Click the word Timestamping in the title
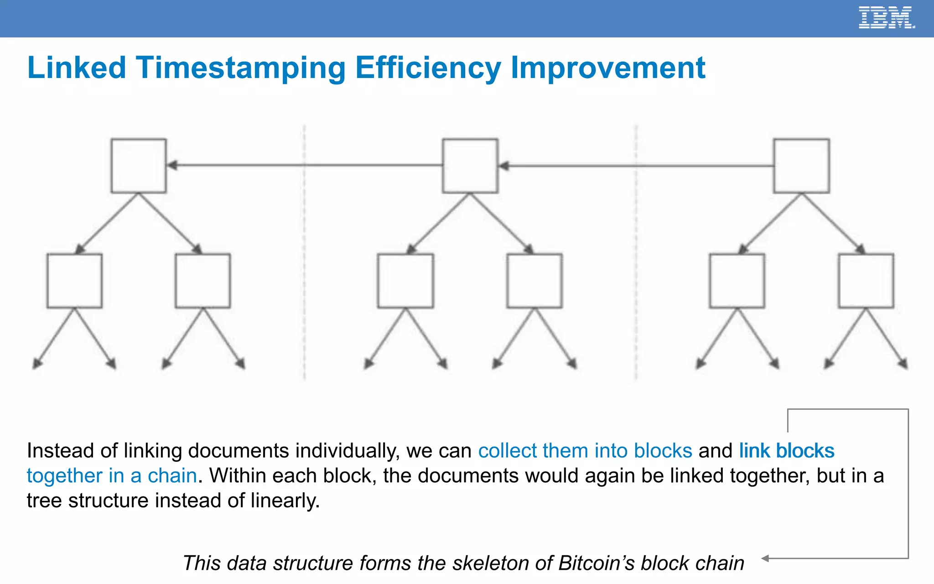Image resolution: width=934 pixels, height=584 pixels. pos(240,68)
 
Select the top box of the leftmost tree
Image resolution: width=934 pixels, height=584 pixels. pos(139,166)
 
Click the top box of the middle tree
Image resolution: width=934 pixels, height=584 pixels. pos(470,166)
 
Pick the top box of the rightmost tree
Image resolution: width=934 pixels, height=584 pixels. pos(801,166)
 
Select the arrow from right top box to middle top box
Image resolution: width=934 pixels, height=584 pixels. pos(636,166)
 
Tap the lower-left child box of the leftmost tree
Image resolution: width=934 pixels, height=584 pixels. pos(74,281)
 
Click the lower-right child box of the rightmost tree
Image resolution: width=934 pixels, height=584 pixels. pos(866,281)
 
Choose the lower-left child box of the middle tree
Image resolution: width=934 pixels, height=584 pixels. pos(405,281)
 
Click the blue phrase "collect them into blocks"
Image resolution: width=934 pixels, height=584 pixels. pos(585,451)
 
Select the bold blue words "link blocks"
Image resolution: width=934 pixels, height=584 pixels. pos(787,451)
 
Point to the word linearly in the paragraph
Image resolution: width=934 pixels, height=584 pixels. pos(285,501)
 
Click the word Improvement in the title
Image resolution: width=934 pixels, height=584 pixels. pos(608,68)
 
